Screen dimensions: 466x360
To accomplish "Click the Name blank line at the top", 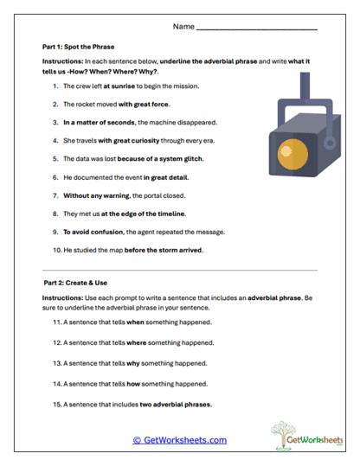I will click(x=257, y=29).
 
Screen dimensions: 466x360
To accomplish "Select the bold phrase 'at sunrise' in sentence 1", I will click(x=120, y=86).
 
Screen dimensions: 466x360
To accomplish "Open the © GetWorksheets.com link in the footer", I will click(x=179, y=440).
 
